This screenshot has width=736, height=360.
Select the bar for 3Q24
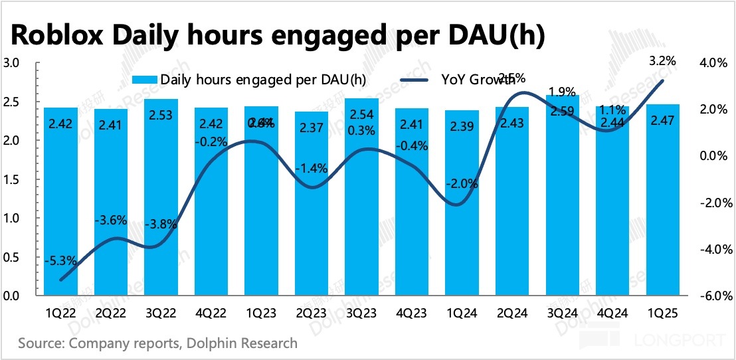(563, 199)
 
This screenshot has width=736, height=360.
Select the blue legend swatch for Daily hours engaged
(143, 80)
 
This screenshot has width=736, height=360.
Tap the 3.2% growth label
(662, 61)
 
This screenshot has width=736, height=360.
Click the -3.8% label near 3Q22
(162, 224)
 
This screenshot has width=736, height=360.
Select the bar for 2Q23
(312, 206)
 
